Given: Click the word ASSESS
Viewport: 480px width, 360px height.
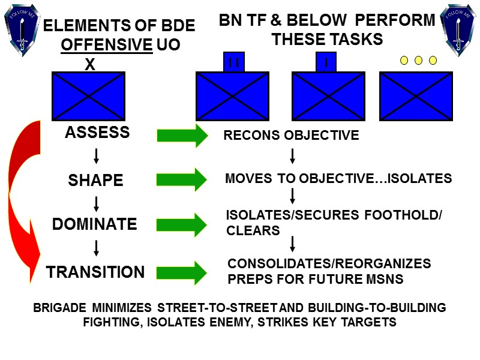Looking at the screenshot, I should [97, 133].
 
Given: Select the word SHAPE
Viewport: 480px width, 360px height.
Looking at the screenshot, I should [96, 180].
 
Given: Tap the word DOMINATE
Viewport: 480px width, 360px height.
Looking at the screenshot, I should [95, 224].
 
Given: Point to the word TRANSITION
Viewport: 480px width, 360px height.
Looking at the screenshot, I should [96, 272].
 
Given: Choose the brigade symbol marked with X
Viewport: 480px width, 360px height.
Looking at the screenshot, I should [88, 95].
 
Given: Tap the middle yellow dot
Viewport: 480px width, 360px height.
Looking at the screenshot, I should [418, 60].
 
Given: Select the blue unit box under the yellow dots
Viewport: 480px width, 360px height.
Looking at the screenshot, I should [416, 96].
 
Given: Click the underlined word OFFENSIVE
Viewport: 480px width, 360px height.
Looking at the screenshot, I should [106, 45].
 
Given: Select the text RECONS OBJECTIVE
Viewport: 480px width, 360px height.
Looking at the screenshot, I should [291, 136].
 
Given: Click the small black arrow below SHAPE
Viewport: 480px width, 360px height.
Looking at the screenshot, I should [96, 202].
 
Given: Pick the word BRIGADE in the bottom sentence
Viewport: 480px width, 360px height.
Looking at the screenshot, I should [59, 308].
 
